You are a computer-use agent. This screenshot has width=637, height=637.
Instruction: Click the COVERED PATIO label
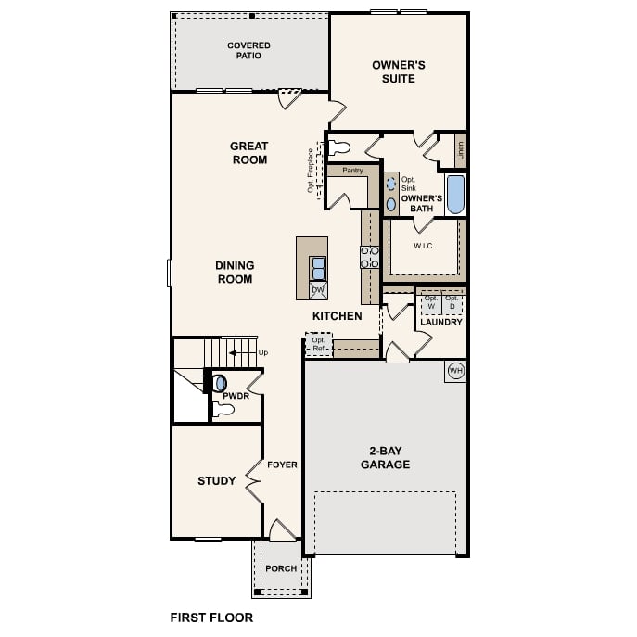click(x=249, y=50)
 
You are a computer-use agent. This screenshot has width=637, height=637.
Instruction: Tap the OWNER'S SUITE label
click(x=399, y=71)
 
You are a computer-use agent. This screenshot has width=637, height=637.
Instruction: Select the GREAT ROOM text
click(x=248, y=152)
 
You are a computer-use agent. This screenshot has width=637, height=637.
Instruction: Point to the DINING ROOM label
click(x=235, y=272)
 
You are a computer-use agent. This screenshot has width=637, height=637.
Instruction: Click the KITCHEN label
click(x=337, y=316)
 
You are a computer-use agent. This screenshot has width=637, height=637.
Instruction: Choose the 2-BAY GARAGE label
click(x=385, y=458)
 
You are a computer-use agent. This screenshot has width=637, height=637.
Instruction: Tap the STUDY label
click(x=217, y=481)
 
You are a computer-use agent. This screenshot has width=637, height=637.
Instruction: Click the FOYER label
click(x=282, y=465)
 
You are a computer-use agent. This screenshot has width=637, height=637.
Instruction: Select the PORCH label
click(x=281, y=568)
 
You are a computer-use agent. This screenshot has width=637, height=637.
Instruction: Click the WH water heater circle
click(x=455, y=371)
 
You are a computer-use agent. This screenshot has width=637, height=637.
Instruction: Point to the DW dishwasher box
click(x=317, y=290)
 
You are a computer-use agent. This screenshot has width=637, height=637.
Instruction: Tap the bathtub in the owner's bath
click(x=454, y=195)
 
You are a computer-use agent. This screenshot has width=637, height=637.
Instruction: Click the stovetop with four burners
click(x=370, y=257)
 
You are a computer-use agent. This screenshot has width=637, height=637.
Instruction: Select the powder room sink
click(x=221, y=382)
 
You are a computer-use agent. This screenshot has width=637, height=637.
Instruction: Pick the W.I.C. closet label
click(x=424, y=246)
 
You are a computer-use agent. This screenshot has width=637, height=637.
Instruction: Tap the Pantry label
click(x=352, y=171)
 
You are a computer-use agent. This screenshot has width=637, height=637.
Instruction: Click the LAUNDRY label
click(x=440, y=322)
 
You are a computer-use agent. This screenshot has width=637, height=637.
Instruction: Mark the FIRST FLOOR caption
click(x=211, y=617)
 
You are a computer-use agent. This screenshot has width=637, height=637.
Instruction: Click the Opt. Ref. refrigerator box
click(x=318, y=344)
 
